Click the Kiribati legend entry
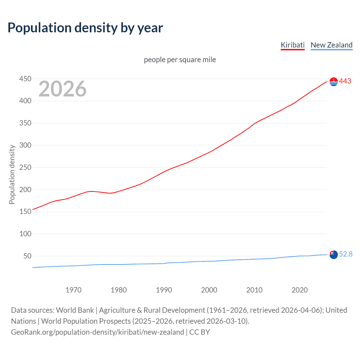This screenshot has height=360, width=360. pyautogui.click(x=292, y=45)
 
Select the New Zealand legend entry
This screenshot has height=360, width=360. pyautogui.click(x=331, y=45)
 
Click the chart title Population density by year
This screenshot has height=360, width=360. pyautogui.click(x=85, y=28)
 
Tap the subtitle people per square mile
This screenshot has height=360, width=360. pyautogui.click(x=180, y=60)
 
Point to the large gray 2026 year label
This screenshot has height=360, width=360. pyautogui.click(x=62, y=89)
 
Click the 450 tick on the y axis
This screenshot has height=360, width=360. pyautogui.click(x=25, y=79)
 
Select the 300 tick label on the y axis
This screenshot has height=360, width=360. pyautogui.click(x=25, y=145)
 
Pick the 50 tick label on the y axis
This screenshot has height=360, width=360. pyautogui.click(x=27, y=256)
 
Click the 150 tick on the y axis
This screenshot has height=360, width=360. pyautogui.click(x=25, y=211)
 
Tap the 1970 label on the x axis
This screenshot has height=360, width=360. pyautogui.click(x=73, y=290)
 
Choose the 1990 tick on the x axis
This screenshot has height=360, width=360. pyautogui.click(x=164, y=290)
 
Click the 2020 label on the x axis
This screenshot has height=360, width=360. pyautogui.click(x=300, y=290)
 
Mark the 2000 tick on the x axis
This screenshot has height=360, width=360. pyautogui.click(x=209, y=290)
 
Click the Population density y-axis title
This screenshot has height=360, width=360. pyautogui.click(x=12, y=174)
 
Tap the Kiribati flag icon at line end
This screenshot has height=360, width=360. pyautogui.click(x=334, y=82)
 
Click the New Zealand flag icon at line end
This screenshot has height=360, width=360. pyautogui.click(x=334, y=255)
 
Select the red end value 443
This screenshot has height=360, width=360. pyautogui.click(x=345, y=81)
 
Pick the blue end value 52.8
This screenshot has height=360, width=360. pyautogui.click(x=346, y=254)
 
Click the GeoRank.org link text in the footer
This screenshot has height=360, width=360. pyautogui.click(x=97, y=332)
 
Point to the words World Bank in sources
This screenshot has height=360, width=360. pyautogui.click(x=75, y=310)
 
